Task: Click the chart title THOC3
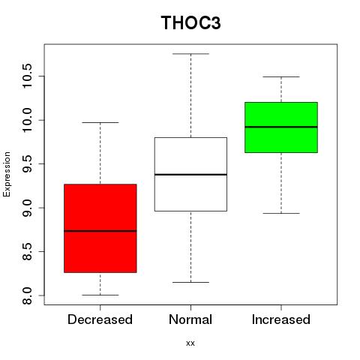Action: click(x=190, y=22)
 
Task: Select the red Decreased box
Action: click(x=100, y=228)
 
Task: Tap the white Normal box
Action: click(x=190, y=174)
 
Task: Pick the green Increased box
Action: click(x=281, y=127)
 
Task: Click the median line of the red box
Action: click(x=100, y=231)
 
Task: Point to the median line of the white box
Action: click(x=190, y=174)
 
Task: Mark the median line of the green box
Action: click(x=281, y=127)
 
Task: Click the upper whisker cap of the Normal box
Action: click(x=190, y=54)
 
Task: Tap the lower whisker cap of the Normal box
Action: click(x=190, y=282)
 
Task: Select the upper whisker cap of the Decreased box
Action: click(x=100, y=122)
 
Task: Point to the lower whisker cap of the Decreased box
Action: click(x=100, y=295)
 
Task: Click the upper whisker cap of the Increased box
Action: click(x=281, y=76)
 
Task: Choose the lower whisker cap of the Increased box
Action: click(x=281, y=213)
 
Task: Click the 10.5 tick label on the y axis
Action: click(x=27, y=76)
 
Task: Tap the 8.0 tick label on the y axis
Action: click(x=27, y=295)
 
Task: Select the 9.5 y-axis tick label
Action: click(x=27, y=163)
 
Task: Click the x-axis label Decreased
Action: click(x=100, y=319)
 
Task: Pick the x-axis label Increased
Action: click(x=281, y=319)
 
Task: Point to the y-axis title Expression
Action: click(x=7, y=174)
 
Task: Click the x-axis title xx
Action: click(x=190, y=343)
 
